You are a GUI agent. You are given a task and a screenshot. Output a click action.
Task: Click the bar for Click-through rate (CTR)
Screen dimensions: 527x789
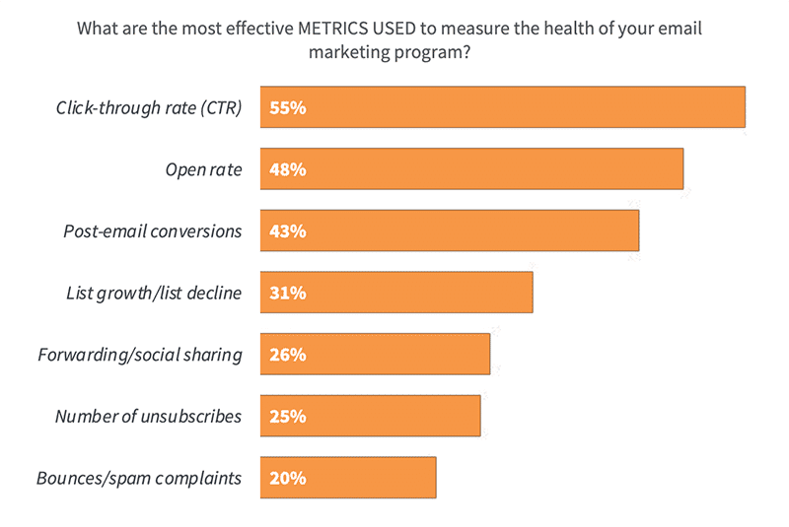coord(502,107)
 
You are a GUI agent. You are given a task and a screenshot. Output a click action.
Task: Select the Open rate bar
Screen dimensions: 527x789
coord(471,169)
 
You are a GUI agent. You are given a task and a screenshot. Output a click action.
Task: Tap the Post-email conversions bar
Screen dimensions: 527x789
coord(450,231)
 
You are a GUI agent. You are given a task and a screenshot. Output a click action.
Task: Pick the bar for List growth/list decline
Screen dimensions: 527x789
coord(396,293)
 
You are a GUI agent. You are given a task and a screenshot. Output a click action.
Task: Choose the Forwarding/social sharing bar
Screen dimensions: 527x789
coord(375,354)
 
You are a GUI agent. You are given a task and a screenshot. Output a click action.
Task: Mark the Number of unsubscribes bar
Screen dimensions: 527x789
coord(370,416)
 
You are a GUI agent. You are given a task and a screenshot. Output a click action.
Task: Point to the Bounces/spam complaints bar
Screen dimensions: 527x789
coord(348,478)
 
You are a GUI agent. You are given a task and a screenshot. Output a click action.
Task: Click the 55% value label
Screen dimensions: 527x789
coord(287,108)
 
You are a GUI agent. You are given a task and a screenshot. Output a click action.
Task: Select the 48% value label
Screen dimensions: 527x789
coord(287,169)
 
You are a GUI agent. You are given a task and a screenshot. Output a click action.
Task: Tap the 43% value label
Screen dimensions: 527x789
coord(287,231)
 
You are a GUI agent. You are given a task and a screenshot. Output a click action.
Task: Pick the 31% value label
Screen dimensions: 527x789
coord(287,293)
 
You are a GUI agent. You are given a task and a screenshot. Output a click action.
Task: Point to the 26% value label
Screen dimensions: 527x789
coord(287,355)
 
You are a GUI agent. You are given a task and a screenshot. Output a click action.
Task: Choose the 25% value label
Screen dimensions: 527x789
coord(287,416)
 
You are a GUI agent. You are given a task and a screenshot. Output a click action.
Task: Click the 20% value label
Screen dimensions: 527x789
coord(287,478)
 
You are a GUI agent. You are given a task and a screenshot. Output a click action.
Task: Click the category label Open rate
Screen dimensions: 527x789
coord(203,169)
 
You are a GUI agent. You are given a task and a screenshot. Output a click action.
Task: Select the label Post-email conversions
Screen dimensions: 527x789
coord(152,231)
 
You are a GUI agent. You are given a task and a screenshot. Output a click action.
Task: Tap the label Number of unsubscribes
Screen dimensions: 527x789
coord(148,416)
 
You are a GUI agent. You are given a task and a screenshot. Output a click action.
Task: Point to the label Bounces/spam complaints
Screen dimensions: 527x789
coord(139,478)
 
